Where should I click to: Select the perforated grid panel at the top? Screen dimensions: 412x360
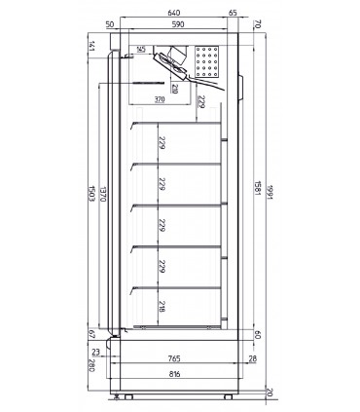pos(208,61)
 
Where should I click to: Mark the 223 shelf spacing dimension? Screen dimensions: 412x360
pos(158,184)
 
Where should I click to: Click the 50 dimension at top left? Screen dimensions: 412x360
pos(111,24)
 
